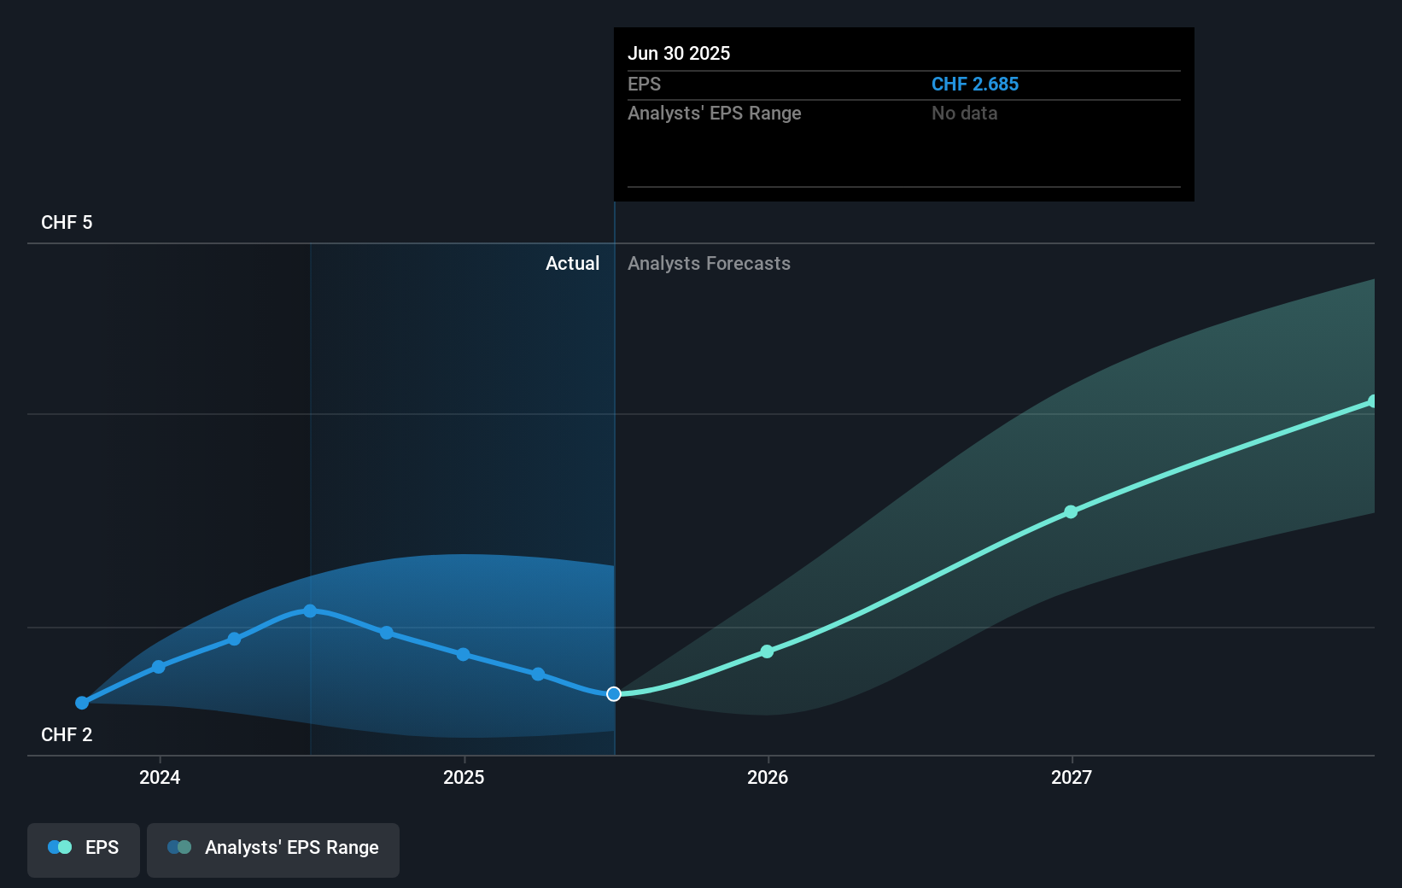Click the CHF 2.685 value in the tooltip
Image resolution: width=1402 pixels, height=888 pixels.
pos(974,84)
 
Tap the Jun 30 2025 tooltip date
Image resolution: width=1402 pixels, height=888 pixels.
pos(679,53)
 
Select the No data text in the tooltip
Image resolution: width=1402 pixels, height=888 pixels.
pos(964,113)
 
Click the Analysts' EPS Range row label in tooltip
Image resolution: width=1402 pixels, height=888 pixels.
pos(714,113)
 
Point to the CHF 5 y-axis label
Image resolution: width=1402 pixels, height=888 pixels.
pos(67,222)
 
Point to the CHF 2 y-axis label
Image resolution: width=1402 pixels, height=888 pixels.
pos(67,734)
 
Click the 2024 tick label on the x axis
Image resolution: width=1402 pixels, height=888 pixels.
pos(160,777)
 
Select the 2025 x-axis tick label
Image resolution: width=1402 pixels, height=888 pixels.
pos(464,777)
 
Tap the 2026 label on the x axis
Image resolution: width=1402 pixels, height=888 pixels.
pos(768,777)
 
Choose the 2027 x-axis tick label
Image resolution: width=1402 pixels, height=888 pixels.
pos(1072,777)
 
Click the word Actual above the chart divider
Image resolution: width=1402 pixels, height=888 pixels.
pos(572,263)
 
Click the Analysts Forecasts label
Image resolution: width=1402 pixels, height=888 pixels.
pos(709,263)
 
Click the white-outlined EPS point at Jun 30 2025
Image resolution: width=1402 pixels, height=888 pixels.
pos(614,694)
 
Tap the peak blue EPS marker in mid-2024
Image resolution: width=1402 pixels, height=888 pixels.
pos(310,610)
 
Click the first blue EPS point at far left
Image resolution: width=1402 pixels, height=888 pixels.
pos(82,703)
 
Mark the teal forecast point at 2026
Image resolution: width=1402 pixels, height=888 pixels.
pos(767,651)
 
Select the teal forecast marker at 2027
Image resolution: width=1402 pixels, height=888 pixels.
pos(1071,511)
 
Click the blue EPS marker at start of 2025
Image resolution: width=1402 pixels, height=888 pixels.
pos(463,654)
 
